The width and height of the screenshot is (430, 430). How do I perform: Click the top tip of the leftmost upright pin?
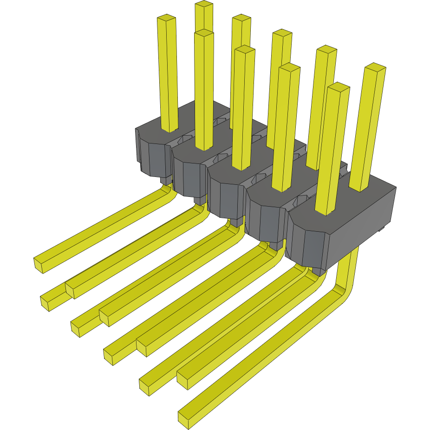[166, 18]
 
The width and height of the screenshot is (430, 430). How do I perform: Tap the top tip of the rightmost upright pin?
[375, 67]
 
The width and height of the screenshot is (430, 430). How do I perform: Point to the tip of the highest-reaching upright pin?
[203, 4]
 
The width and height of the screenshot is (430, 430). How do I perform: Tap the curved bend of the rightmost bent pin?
[346, 288]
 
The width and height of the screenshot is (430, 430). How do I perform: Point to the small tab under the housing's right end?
[381, 229]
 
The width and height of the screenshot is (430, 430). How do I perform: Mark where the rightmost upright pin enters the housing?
[360, 189]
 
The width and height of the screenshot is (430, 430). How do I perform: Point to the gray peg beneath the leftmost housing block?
[165, 180]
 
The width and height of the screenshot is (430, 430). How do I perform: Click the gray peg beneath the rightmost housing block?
[318, 271]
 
